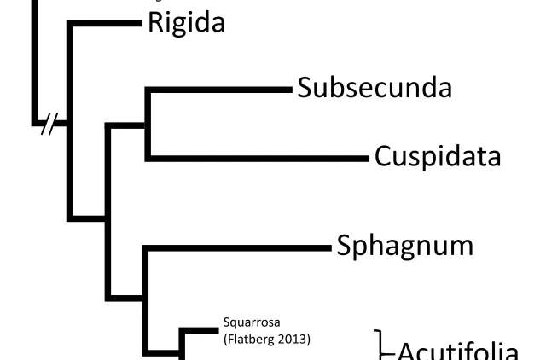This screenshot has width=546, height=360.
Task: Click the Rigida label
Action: (x=187, y=23)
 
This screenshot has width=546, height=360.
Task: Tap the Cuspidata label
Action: (x=437, y=158)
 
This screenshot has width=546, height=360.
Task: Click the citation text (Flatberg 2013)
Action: (x=266, y=340)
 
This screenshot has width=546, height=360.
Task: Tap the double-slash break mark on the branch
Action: (x=52, y=125)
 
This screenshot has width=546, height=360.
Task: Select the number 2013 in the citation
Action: (x=293, y=340)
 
